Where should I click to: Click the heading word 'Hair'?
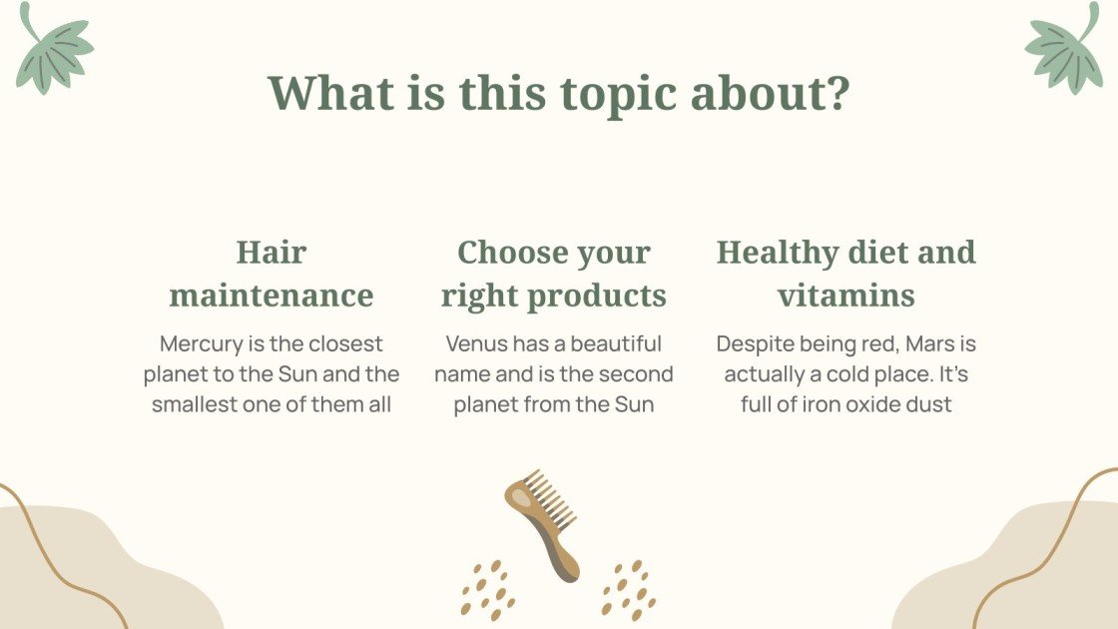271,252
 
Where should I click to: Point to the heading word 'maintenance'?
271,296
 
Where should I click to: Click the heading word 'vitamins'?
845,296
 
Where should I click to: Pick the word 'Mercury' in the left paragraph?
200,344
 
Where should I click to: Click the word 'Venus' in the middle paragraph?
478,344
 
